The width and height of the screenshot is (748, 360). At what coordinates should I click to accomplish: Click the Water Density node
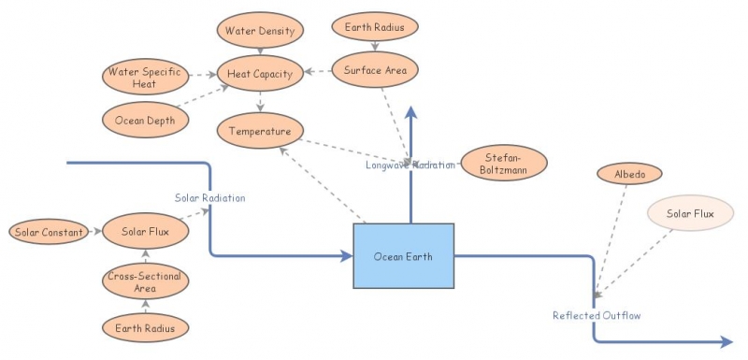[x=259, y=31]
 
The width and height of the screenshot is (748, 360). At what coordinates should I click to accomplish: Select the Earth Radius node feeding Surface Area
[x=374, y=27]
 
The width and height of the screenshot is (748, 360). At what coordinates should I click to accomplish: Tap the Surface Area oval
[x=374, y=69]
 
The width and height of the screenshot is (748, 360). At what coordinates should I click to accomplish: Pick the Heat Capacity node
[x=259, y=73]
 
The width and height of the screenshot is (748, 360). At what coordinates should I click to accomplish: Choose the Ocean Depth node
[x=145, y=119]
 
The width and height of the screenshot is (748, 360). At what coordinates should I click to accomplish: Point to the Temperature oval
[x=261, y=131]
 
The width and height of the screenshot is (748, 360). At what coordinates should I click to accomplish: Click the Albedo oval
[x=629, y=174]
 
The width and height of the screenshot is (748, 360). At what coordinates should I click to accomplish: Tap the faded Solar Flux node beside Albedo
[x=691, y=214]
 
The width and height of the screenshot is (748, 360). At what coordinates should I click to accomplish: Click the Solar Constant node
[x=49, y=231]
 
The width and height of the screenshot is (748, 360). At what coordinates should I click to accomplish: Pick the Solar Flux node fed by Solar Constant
[x=145, y=231]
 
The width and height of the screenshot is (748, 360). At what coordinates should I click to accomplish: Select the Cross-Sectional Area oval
[x=145, y=281]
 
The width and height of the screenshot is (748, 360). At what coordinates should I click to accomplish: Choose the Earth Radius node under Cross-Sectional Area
[x=145, y=327]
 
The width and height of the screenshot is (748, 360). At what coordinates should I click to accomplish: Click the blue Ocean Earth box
[x=403, y=256]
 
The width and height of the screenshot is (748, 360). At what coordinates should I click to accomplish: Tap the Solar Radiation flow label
[x=210, y=198]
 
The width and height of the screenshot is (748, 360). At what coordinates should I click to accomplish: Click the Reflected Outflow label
[x=596, y=315]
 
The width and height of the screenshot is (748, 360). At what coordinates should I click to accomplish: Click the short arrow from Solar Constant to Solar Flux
[x=93, y=231]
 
